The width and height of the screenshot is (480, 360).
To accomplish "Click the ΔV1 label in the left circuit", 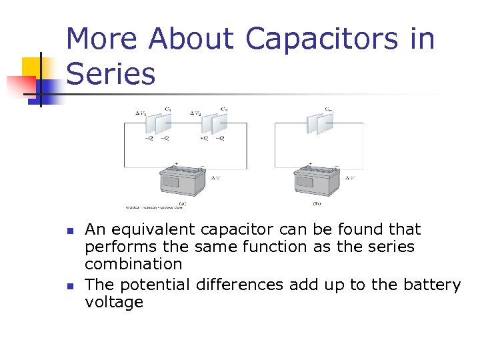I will click(x=141, y=114).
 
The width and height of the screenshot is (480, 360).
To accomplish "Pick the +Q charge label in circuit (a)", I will click(x=203, y=139).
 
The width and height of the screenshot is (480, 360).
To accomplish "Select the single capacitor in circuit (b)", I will click(x=319, y=123).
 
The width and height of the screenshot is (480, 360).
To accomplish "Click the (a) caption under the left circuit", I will click(x=183, y=203).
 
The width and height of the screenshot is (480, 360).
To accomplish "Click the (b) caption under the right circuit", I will click(x=317, y=203).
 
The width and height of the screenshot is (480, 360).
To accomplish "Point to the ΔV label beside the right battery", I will click(x=350, y=178).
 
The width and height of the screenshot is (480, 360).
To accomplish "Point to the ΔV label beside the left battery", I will click(x=217, y=178).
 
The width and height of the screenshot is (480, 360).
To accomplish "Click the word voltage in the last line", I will click(x=114, y=303).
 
